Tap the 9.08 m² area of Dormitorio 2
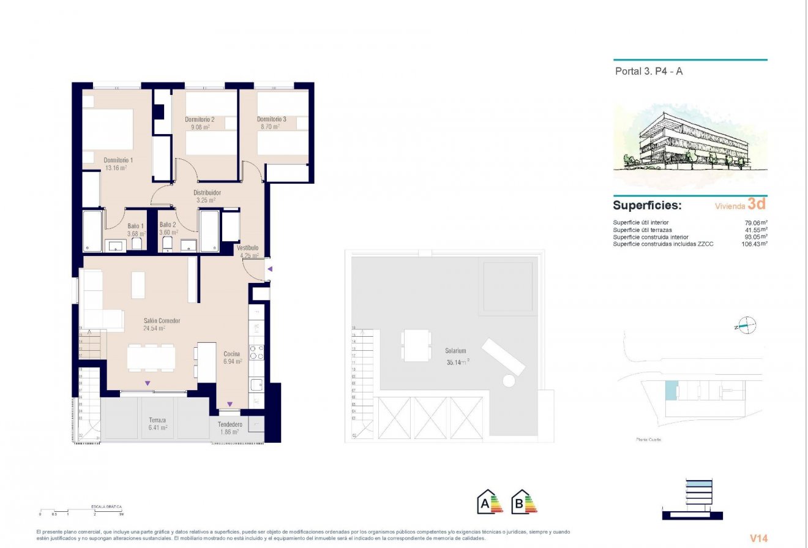tap(200, 127)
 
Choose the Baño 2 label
tap(168, 225)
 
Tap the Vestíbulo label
tap(249, 247)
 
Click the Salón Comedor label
tap(162, 321)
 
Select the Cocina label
tap(231, 354)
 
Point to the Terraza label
tap(157, 420)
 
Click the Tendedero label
tap(230, 424)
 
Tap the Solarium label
tap(456, 351)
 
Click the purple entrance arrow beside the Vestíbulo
tap(269, 269)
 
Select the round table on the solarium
tap(509, 381)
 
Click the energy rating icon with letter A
tap(489, 501)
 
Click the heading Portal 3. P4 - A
tap(648, 71)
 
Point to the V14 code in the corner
tap(758, 538)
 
